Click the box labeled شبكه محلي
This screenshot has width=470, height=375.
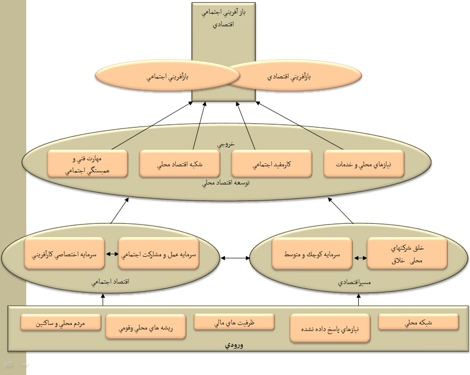418,322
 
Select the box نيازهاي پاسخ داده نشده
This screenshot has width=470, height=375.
330,328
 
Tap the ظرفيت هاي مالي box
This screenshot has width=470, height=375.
234,322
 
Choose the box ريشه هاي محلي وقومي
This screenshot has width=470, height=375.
146,326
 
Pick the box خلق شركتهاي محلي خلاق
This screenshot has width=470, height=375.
407,254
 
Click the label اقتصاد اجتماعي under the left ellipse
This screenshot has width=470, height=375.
111,283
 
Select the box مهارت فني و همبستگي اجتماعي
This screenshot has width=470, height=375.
87,163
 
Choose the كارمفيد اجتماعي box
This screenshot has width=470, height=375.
271,164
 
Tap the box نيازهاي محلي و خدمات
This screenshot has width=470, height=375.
364,164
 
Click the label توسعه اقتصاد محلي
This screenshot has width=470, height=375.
226,183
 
